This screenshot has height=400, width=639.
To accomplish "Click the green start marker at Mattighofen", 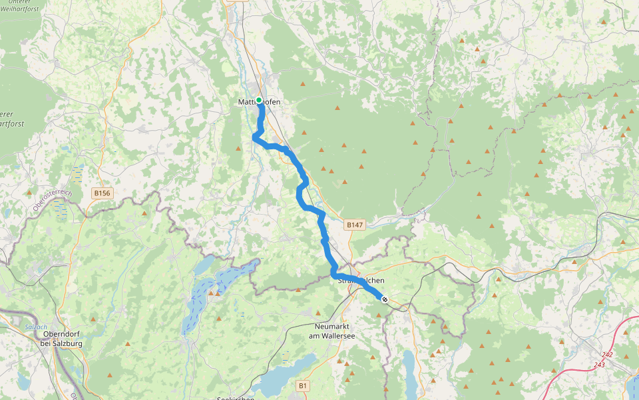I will click(259, 101).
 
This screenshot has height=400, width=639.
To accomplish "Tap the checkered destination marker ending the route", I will click(385, 299).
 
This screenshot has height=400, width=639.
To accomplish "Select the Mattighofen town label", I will click(260, 102).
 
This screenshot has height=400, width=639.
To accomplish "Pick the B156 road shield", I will click(102, 193).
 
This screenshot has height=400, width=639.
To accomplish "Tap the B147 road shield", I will click(355, 226).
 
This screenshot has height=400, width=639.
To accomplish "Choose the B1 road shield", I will click(304, 385).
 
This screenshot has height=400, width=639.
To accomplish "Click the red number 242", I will click(606, 355).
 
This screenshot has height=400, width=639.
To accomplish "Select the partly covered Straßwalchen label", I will click(361, 281).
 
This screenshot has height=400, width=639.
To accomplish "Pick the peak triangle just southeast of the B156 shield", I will click(144, 213).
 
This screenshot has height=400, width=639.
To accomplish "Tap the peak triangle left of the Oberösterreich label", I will click(29, 192).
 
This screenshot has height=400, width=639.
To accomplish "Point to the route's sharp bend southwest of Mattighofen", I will click(254, 137).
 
